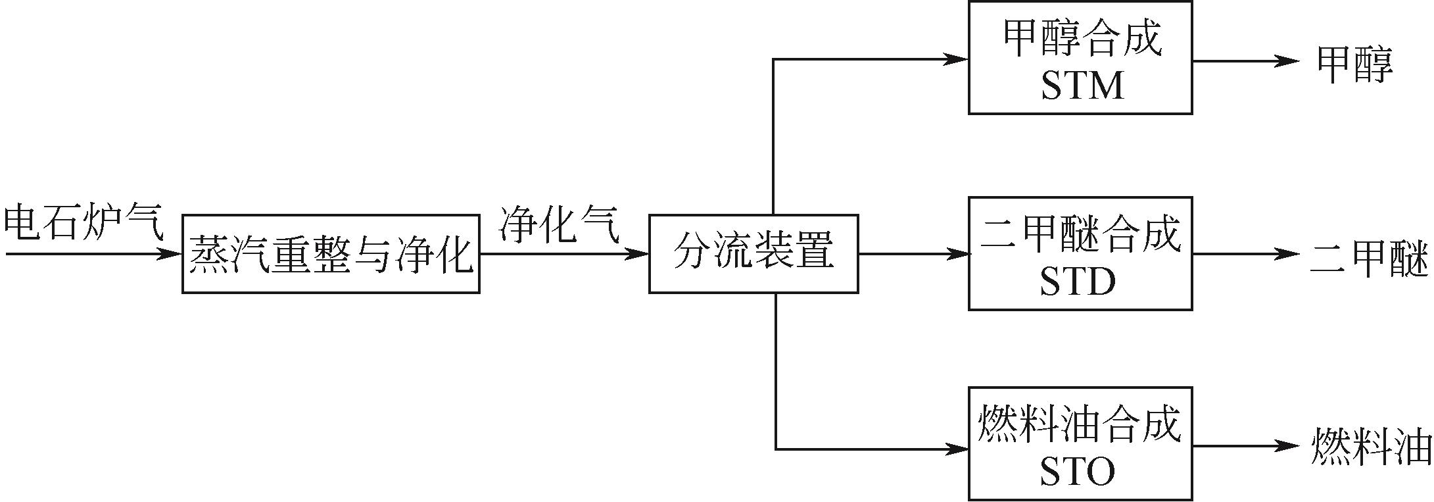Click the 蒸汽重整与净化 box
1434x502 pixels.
coord(331,253)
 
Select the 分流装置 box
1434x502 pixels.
coord(753,253)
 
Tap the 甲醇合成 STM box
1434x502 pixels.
coord(1080,58)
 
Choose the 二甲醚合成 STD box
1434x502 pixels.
coord(1080,253)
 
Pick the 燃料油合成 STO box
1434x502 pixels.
coord(1080,444)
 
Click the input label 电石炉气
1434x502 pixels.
coord(83,222)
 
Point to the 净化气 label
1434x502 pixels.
coord(559,224)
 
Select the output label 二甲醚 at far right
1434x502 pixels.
coord(1370,259)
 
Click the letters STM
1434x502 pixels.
coord(1082,86)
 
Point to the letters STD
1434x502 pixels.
coord(1078,282)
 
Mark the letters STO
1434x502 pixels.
coord(1078,472)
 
